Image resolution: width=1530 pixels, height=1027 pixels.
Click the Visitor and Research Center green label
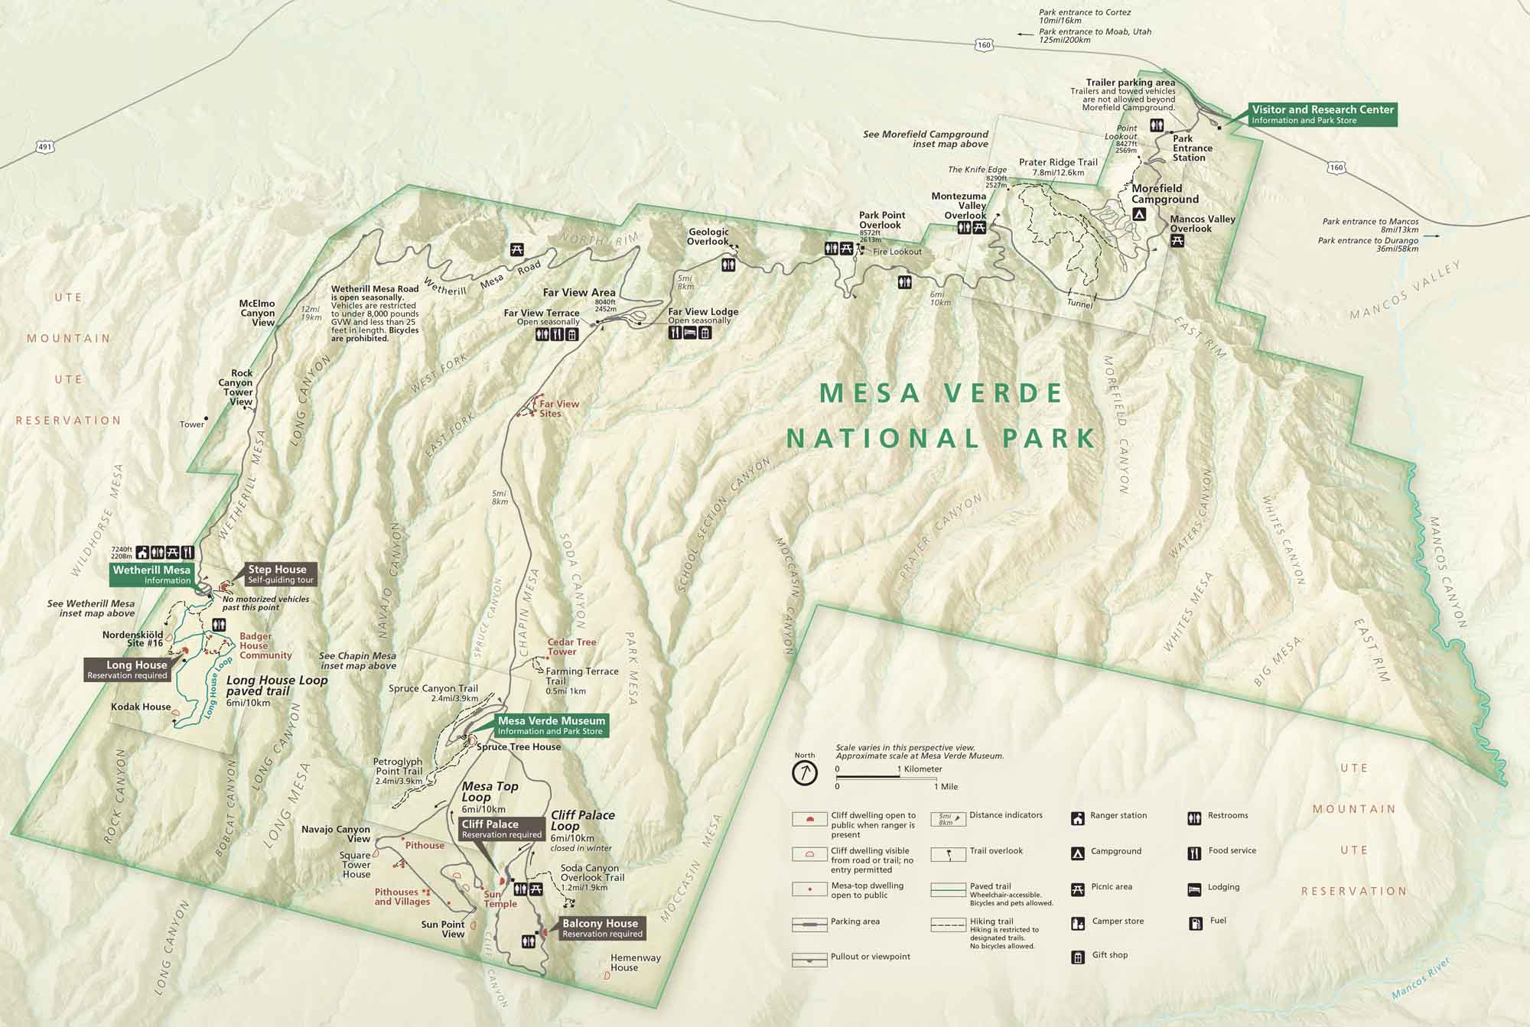coord(1322,114)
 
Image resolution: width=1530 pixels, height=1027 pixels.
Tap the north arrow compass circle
coord(805,773)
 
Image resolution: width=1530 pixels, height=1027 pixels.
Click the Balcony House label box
coord(601,928)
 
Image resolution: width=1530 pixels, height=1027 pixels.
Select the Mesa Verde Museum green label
coord(551,725)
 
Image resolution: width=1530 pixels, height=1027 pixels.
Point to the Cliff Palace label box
coord(501,829)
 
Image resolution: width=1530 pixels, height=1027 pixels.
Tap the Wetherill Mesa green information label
coord(151,574)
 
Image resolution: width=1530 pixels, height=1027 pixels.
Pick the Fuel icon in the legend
coord(1195,923)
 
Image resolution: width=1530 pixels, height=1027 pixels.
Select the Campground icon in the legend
coord(1077,853)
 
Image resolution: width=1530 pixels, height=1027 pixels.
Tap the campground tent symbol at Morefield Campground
coord(1139,215)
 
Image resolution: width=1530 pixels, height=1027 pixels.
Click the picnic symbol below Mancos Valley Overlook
coord(1177,241)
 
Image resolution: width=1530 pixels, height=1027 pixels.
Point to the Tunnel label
coord(1080,304)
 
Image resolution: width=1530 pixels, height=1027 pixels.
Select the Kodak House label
coord(141,707)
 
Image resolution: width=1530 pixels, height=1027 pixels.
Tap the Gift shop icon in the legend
coord(1078,957)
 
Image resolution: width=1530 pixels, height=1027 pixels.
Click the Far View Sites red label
coord(558,408)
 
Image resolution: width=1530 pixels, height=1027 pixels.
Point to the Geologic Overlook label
coord(708,236)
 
